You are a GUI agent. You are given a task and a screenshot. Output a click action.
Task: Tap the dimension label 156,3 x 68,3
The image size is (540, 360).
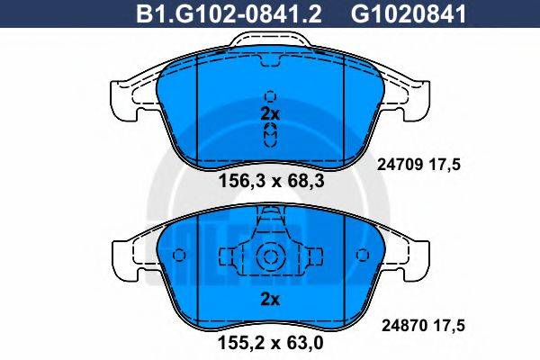tap(271, 180)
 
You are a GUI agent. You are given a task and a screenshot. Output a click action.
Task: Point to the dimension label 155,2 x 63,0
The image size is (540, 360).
tap(271, 342)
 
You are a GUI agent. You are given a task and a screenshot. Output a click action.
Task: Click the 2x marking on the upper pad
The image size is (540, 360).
tap(270, 113)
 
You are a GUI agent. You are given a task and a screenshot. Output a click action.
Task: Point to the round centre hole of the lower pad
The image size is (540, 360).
tap(270, 256)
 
